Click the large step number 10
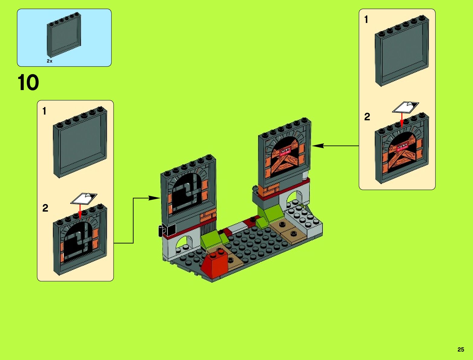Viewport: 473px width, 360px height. pyautogui.click(x=28, y=83)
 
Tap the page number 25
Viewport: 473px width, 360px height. pyautogui.click(x=461, y=349)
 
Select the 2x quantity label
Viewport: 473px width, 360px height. pyautogui.click(x=50, y=61)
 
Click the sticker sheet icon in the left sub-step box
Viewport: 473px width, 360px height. pyautogui.click(x=84, y=198)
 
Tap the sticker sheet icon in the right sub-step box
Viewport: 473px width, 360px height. pyautogui.click(x=406, y=107)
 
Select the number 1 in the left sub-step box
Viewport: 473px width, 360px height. pyautogui.click(x=44, y=111)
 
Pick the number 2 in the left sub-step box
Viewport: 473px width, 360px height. pyautogui.click(x=45, y=208)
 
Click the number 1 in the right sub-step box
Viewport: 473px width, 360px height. pyautogui.click(x=366, y=20)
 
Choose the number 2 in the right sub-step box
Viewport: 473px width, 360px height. pyautogui.click(x=367, y=117)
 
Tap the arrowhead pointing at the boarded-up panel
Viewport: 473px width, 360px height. pyautogui.click(x=317, y=146)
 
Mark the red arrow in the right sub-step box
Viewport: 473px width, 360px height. pyautogui.click(x=402, y=120)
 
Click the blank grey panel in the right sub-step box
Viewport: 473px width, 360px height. pyautogui.click(x=402, y=51)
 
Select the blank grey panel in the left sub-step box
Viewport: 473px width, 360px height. pyautogui.click(x=80, y=143)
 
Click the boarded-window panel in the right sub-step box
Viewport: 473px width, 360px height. pyautogui.click(x=402, y=150)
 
